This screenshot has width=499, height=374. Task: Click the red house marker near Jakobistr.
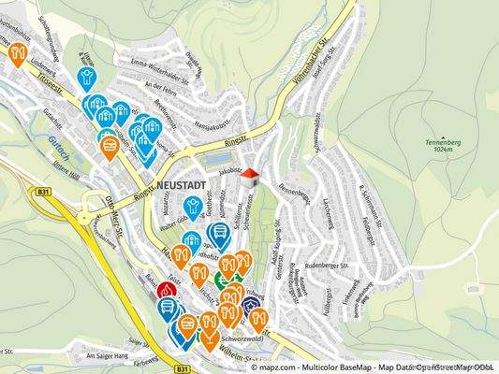click(248, 175)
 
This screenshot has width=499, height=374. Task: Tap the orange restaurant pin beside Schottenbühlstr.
click(18, 51)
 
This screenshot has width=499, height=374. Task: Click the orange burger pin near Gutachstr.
click(110, 146)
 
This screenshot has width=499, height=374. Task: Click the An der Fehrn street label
click(161, 86)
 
